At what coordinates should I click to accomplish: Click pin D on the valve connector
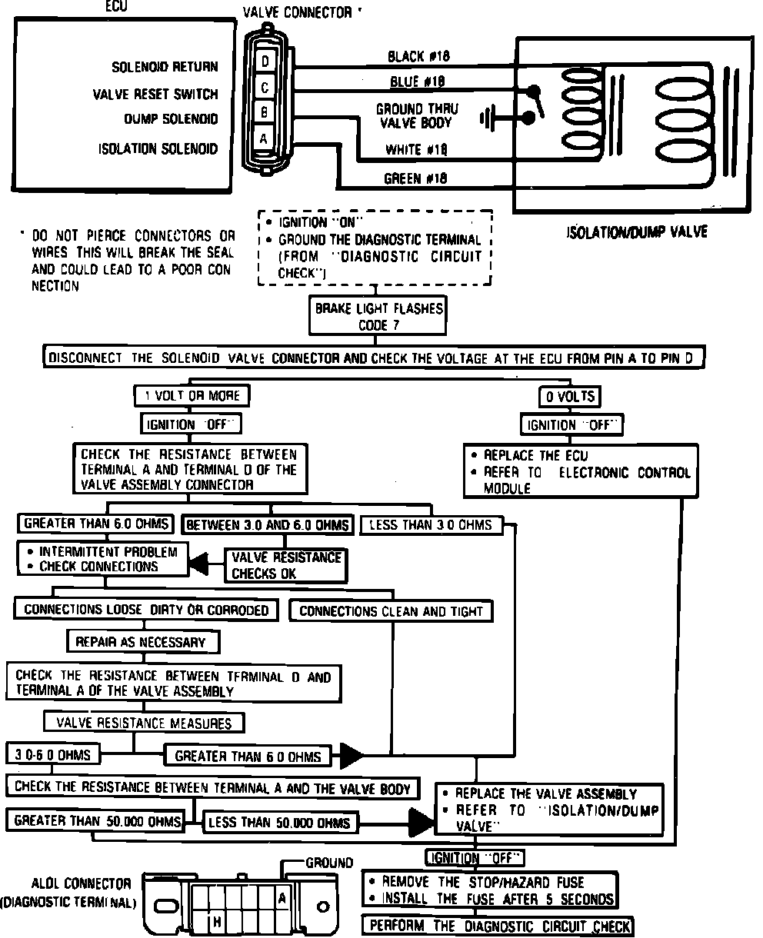(x=265, y=60)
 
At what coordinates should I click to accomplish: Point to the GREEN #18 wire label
(x=416, y=178)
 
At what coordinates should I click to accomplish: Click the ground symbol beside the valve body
(x=487, y=118)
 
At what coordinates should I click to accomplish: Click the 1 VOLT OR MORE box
(x=192, y=396)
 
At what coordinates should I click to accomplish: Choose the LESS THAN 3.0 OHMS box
(x=431, y=525)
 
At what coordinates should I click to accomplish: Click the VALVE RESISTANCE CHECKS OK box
(x=285, y=565)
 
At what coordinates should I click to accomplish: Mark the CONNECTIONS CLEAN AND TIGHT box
(x=391, y=611)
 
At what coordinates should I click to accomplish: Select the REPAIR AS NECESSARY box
(x=141, y=641)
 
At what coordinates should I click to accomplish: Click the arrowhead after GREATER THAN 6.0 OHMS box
(x=352, y=755)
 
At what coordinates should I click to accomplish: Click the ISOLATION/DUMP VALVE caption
(x=637, y=231)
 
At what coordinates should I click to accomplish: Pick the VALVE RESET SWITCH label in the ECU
(x=155, y=95)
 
